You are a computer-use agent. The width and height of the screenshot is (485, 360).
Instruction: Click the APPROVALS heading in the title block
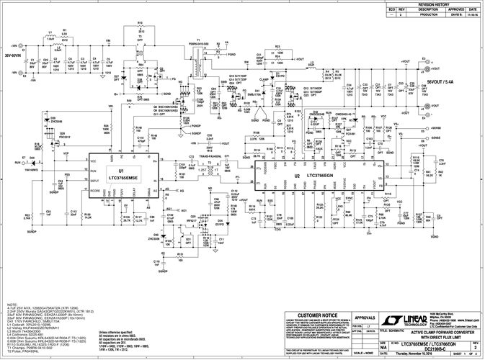click(x=368, y=316)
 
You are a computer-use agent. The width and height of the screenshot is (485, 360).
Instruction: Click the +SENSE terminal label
click(x=436, y=127)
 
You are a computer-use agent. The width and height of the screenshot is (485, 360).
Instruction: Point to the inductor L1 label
click(x=50, y=32)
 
